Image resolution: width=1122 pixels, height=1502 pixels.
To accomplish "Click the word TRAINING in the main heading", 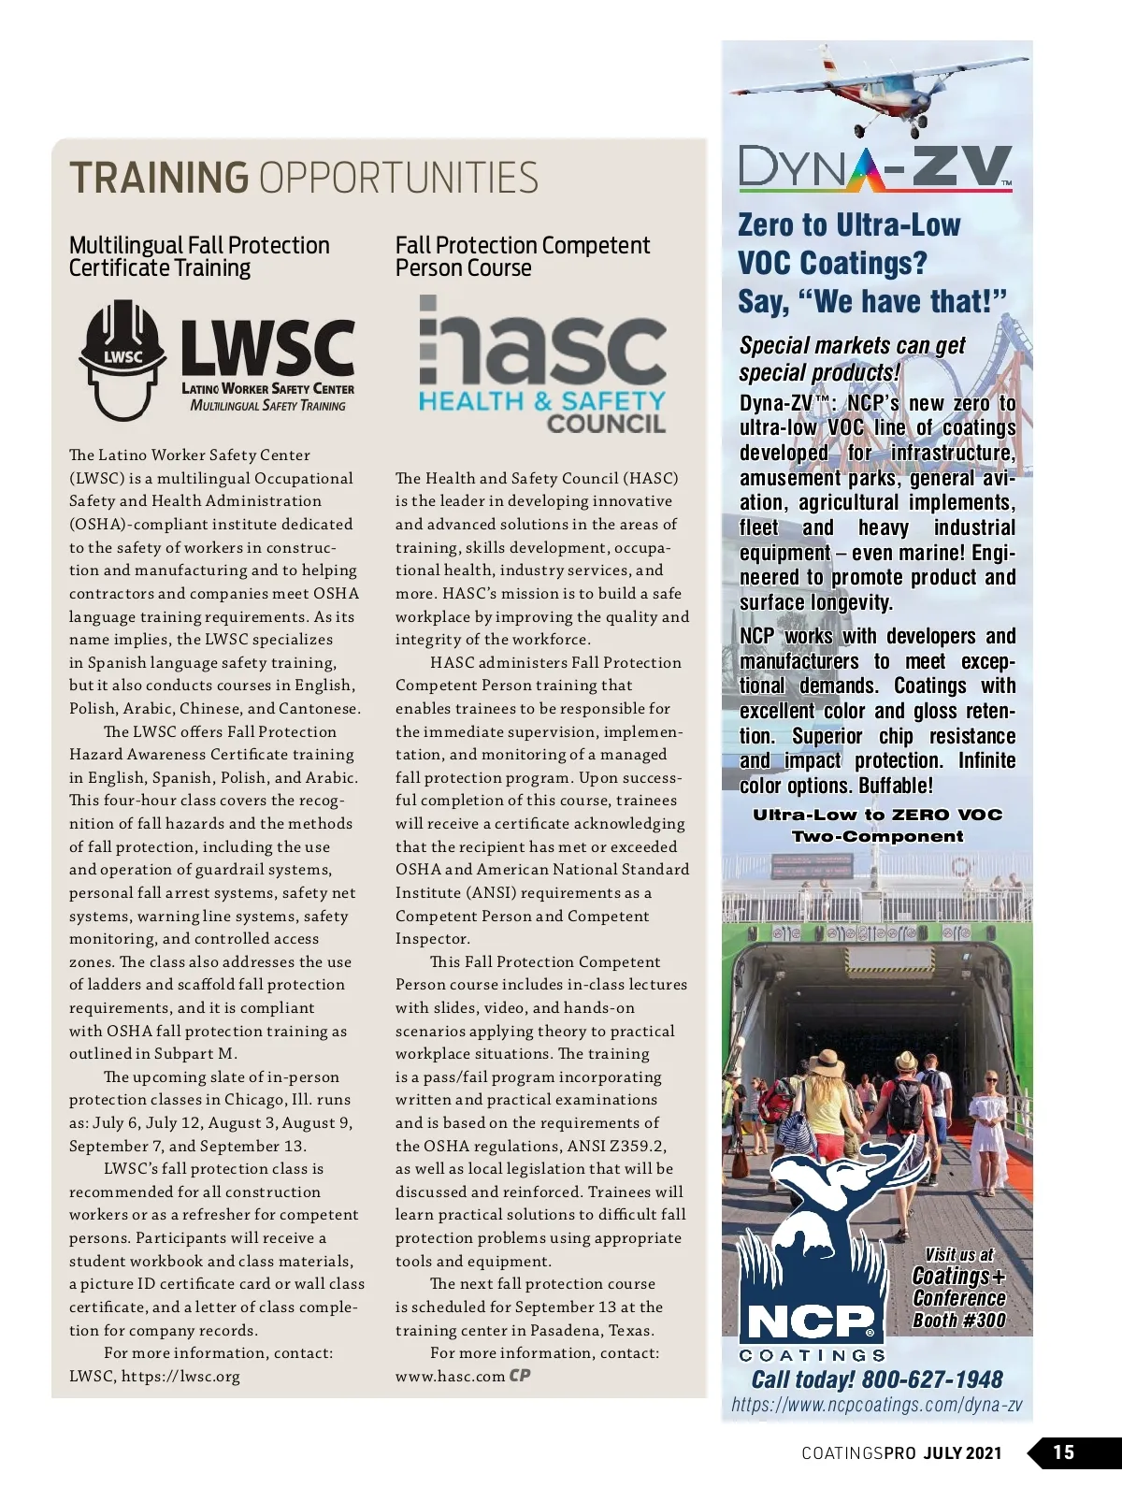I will click(159, 178).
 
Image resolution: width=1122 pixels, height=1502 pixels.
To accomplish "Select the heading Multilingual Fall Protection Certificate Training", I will click(199, 256).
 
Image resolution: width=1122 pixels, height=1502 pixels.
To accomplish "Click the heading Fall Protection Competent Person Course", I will click(522, 256).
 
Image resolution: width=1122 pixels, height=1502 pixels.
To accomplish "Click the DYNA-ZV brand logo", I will click(875, 169).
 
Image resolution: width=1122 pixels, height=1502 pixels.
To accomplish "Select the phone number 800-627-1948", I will click(931, 1379).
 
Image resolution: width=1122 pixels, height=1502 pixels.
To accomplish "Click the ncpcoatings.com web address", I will click(876, 1405).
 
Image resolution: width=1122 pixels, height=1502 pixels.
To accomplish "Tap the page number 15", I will click(1064, 1452).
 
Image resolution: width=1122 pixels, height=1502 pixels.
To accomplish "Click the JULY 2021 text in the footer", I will click(963, 1453).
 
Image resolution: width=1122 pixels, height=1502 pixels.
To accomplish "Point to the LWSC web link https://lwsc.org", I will click(180, 1376).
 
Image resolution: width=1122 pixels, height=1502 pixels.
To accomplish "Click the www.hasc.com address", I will click(450, 1376).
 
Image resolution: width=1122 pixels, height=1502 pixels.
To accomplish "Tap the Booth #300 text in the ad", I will click(959, 1321).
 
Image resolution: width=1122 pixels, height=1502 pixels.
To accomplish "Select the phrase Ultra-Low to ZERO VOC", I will click(877, 815).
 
